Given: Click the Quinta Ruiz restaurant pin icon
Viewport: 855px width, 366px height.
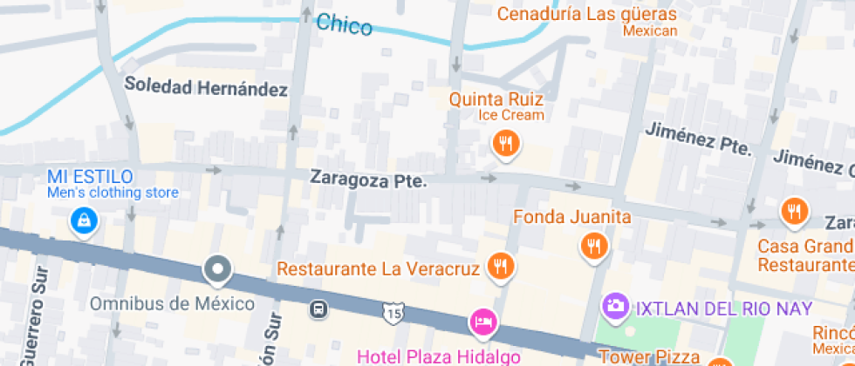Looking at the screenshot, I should pyautogui.click(x=505, y=143).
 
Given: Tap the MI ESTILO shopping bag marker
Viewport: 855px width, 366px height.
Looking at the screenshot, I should pyautogui.click(x=84, y=219).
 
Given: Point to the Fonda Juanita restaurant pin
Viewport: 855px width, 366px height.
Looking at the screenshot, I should pyautogui.click(x=594, y=247).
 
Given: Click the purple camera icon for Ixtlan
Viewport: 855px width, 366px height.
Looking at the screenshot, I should pyautogui.click(x=616, y=306).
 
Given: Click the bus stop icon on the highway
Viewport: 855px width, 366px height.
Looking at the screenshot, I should pyautogui.click(x=320, y=308).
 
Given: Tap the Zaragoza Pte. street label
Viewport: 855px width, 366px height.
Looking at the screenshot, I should pyautogui.click(x=368, y=180).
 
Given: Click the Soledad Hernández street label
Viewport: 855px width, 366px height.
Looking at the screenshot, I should pyautogui.click(x=206, y=87).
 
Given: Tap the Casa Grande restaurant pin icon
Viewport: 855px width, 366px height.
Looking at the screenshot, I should pyautogui.click(x=794, y=210).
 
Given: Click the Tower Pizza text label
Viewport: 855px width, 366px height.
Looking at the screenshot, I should pyautogui.click(x=649, y=356).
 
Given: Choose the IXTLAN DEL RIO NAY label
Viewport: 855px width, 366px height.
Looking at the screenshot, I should pyautogui.click(x=723, y=308).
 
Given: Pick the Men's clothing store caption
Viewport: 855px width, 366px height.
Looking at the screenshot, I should pyautogui.click(x=112, y=193).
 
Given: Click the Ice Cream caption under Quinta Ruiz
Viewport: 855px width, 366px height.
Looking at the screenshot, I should pyautogui.click(x=510, y=115).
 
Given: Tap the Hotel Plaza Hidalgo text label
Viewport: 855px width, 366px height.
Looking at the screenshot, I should pyautogui.click(x=439, y=356).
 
